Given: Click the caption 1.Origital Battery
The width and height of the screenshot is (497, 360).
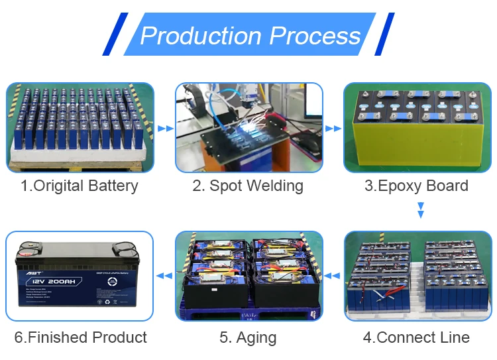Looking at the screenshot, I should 80,186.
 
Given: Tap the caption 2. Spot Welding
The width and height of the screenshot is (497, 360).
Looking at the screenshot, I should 248,186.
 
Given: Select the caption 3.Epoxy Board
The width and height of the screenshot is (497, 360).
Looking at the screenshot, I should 416,186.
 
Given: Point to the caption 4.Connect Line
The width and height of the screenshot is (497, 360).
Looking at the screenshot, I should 416,337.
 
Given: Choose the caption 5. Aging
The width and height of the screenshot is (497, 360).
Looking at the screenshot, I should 248,337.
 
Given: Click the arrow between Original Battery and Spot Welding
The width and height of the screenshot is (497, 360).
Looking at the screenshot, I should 165,128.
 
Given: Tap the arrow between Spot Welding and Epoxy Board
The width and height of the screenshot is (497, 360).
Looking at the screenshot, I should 333,128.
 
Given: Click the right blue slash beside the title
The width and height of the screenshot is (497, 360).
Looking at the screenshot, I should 384,34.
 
